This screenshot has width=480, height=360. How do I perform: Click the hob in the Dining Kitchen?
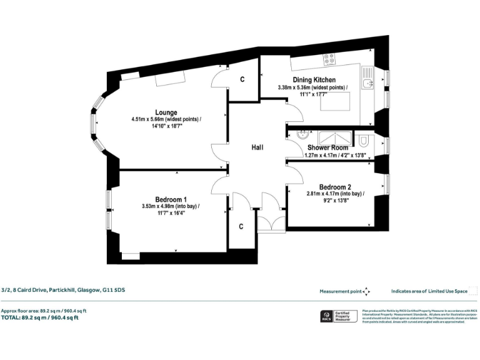(x=329, y=59)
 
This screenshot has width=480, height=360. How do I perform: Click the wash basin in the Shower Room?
(x=302, y=133)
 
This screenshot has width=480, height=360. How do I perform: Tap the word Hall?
(x=257, y=147)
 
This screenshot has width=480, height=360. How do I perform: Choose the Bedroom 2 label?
(x=335, y=187)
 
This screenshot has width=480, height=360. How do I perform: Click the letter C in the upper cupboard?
(x=242, y=80)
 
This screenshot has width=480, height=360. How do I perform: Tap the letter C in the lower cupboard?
(x=241, y=226)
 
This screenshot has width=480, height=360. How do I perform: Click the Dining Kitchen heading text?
(x=314, y=80)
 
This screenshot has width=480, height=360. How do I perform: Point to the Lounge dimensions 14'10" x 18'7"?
(x=166, y=126)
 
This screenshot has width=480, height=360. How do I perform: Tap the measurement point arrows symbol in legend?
(x=366, y=291)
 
